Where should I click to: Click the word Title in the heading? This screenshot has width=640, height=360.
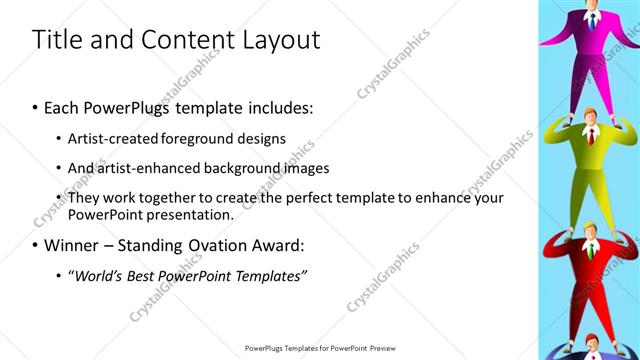pyautogui.click(x=59, y=40)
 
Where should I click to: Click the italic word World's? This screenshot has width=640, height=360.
pyautogui.click(x=98, y=275)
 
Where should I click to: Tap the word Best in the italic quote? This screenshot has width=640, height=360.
pyautogui.click(x=146, y=275)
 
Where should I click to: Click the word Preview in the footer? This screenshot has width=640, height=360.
pyautogui.click(x=378, y=348)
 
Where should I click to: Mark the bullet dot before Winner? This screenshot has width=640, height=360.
pyautogui.click(x=36, y=245)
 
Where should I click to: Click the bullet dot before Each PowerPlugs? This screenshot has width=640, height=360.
pyautogui.click(x=36, y=107)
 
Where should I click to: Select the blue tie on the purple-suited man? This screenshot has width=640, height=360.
pyautogui.click(x=593, y=17)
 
